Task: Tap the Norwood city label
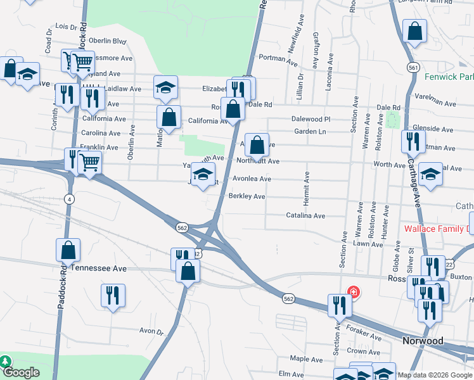(x=423, y=341)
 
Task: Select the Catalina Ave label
(x=305, y=216)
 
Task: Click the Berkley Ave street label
(x=247, y=196)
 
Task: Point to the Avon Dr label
(x=151, y=331)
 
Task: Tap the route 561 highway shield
(x=412, y=66)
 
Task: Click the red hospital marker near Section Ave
(x=353, y=293)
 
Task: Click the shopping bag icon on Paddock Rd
(x=68, y=250)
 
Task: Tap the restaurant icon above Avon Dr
(x=113, y=294)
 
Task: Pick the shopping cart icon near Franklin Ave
(x=90, y=163)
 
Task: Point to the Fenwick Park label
(x=449, y=77)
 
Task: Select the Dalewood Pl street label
(x=311, y=118)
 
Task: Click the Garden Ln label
(x=309, y=132)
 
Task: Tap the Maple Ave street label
(x=307, y=359)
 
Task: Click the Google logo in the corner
(x=21, y=373)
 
